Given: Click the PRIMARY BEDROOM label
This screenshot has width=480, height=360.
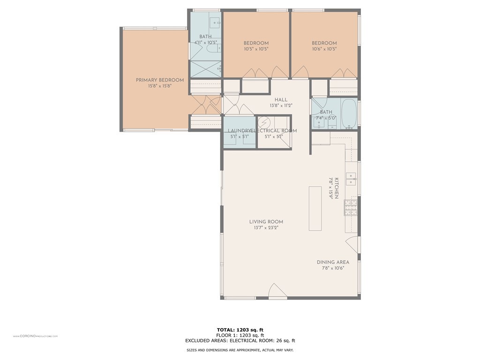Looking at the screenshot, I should click(160, 80).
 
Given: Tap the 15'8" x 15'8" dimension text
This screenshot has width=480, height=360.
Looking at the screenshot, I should click(160, 86).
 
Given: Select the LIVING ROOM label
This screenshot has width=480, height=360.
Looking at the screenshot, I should click(266, 222).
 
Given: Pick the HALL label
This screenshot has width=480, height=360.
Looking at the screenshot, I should click(281, 99).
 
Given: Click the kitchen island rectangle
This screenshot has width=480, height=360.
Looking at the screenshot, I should click(315, 208).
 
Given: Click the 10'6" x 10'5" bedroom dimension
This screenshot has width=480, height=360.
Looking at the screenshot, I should click(324, 49).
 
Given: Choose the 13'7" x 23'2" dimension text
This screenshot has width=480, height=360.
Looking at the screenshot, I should click(266, 228).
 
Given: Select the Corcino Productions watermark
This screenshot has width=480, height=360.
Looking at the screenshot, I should click(35, 336).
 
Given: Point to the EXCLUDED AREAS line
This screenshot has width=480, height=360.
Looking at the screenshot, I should click(240, 341).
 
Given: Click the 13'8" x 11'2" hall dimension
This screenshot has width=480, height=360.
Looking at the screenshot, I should click(281, 105).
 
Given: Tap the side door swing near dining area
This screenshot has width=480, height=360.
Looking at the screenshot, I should click(352, 245).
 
